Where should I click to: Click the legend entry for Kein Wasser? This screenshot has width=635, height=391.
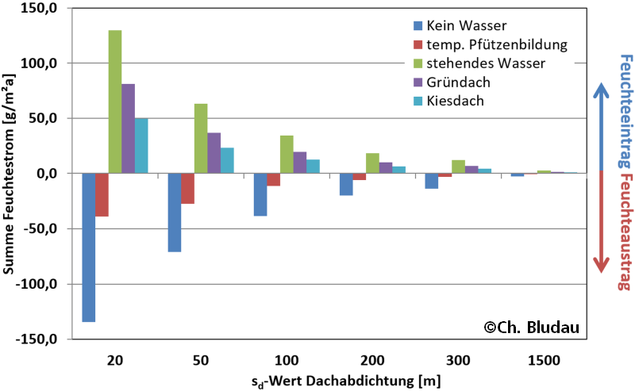coord(452,25)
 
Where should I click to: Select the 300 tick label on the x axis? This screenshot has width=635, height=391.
coord(459,359)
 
